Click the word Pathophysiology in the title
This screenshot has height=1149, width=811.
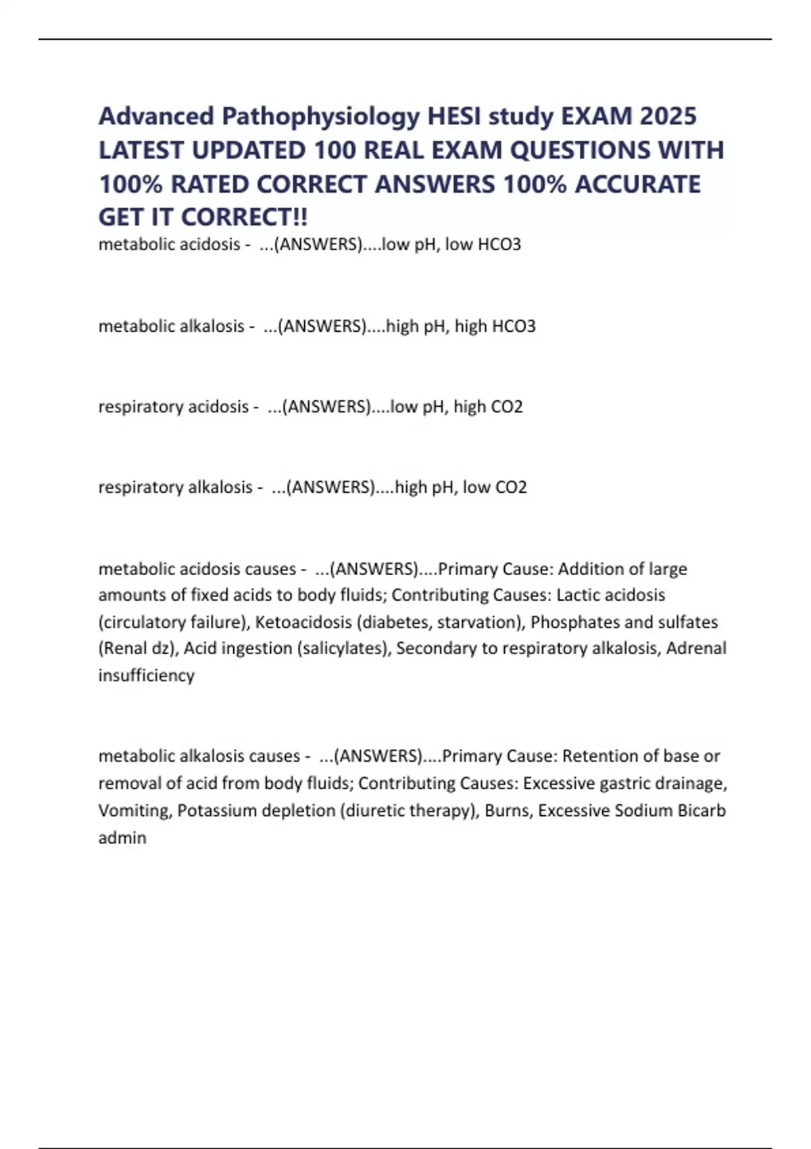coord(320,117)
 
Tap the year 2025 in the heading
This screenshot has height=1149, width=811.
coord(668,117)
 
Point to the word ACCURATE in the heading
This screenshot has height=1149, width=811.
coord(637,184)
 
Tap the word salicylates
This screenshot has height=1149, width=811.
coord(342,648)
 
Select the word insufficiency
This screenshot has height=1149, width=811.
coord(146,675)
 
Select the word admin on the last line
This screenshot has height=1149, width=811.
coord(122,837)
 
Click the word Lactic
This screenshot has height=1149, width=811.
coord(576,595)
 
